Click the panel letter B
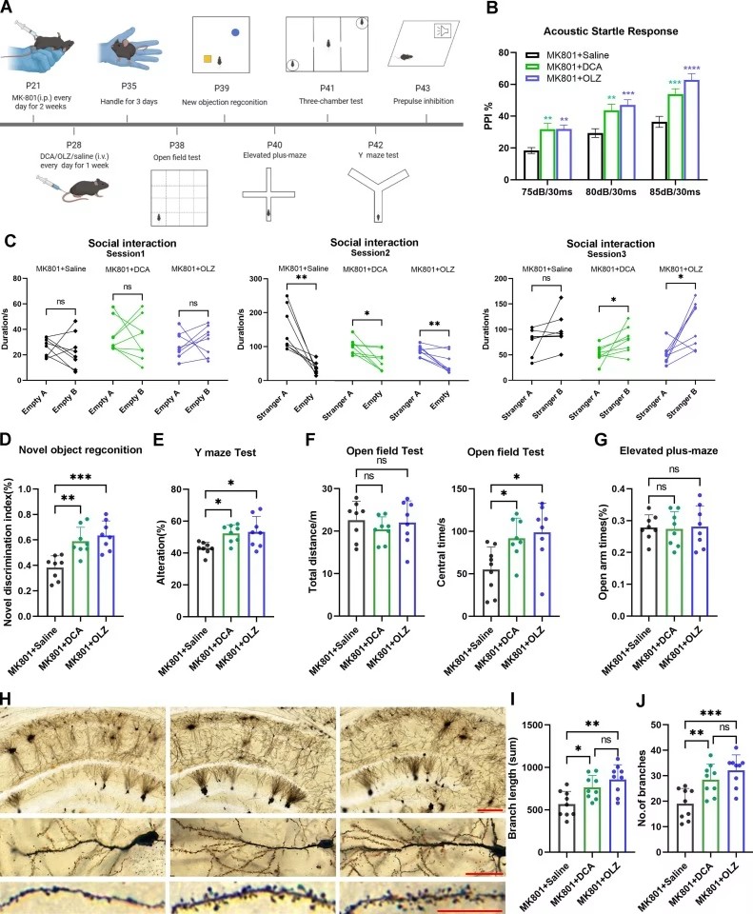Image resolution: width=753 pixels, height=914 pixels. (492, 10)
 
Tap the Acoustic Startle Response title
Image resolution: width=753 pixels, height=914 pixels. (607, 30)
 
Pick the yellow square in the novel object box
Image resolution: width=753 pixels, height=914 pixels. (206, 61)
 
